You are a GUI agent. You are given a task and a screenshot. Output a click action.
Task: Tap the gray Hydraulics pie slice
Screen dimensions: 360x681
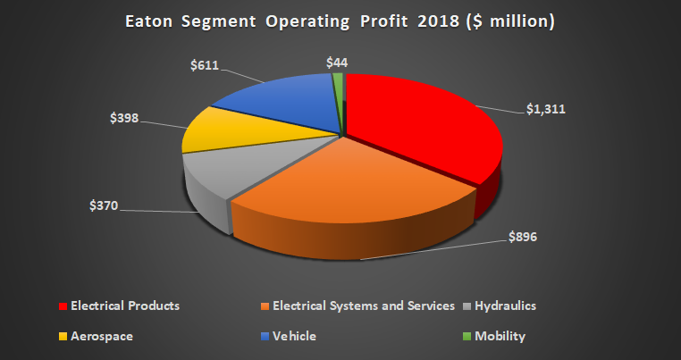[223, 174]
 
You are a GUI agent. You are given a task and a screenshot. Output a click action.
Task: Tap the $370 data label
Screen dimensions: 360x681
[106, 206]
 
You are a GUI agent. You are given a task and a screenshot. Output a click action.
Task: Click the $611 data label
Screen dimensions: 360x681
[205, 64]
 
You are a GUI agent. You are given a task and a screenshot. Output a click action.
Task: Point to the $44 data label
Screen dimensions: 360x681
[337, 63]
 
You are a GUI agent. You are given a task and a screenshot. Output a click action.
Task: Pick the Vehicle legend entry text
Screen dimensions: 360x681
[296, 336]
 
